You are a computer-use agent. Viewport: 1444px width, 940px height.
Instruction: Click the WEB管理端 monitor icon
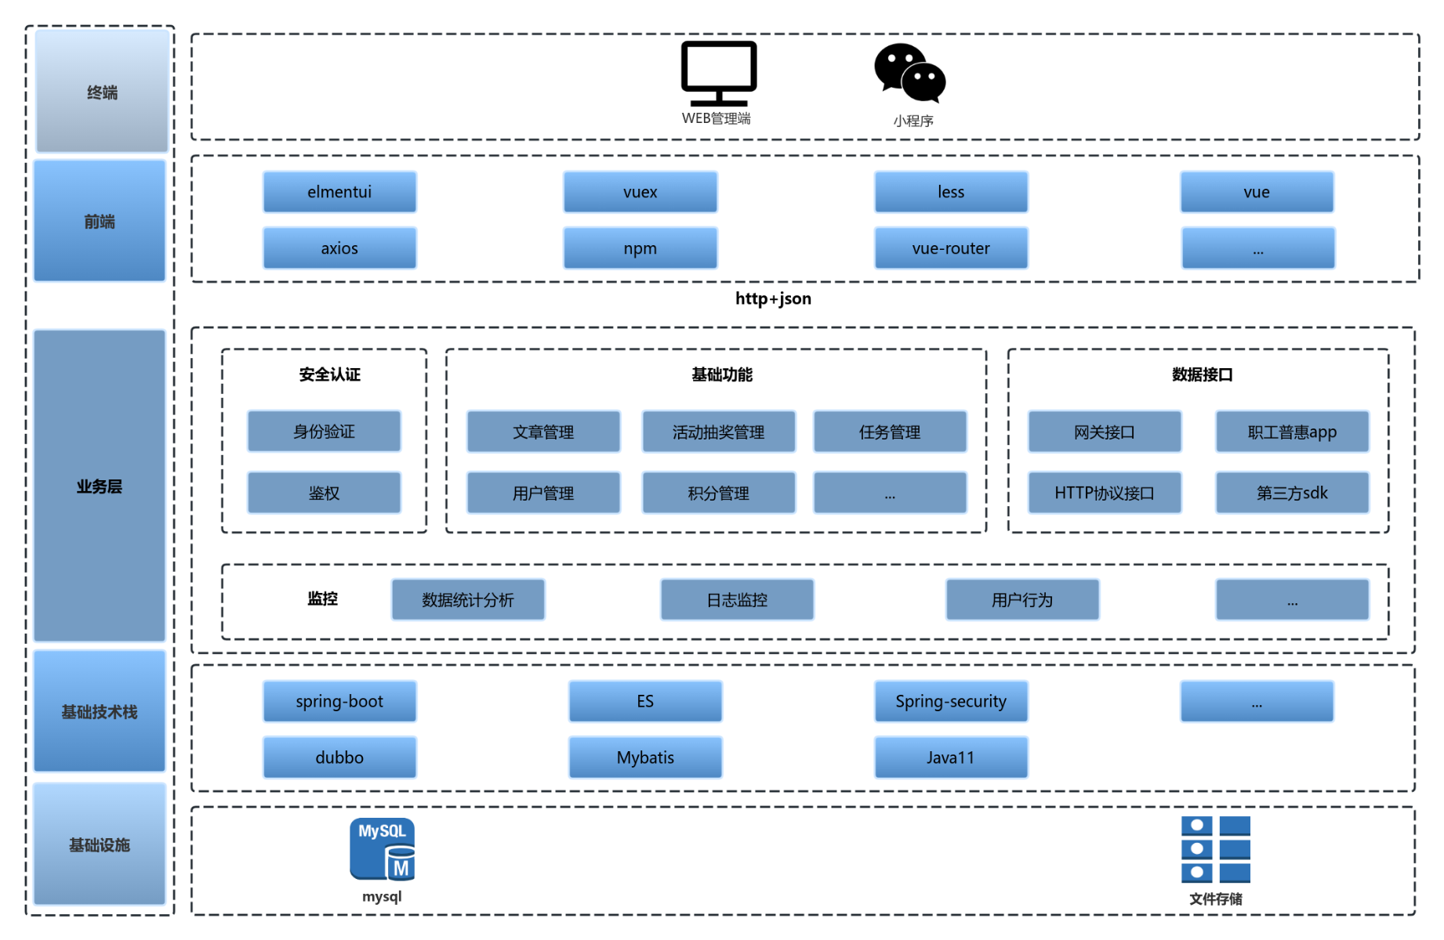click(x=718, y=73)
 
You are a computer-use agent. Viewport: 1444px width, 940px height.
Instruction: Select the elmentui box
click(x=339, y=192)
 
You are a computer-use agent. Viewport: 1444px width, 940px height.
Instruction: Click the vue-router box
click(x=951, y=248)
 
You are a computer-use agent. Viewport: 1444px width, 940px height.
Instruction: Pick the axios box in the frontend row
click(x=339, y=248)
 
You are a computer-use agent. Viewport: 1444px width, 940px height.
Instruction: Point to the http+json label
click(x=773, y=298)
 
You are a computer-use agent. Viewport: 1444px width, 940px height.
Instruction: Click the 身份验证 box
click(x=324, y=432)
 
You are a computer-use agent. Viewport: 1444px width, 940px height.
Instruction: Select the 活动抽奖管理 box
click(x=718, y=432)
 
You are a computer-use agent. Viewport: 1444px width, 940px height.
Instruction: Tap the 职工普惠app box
click(x=1292, y=432)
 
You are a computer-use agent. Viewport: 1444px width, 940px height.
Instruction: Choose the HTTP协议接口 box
click(x=1104, y=493)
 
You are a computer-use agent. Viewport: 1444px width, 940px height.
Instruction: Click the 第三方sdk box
click(x=1292, y=493)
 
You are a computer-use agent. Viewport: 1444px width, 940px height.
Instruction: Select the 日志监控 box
click(x=737, y=600)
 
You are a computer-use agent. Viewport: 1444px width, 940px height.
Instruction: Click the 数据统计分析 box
click(x=468, y=600)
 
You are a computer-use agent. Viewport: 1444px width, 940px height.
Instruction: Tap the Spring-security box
click(x=951, y=701)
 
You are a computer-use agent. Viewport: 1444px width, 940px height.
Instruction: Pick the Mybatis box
click(x=645, y=757)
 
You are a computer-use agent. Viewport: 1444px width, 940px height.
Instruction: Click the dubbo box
click(x=339, y=757)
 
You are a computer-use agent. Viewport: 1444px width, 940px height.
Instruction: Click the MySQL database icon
click(x=382, y=850)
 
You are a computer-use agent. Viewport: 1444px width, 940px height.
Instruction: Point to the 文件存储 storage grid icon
click(x=1215, y=849)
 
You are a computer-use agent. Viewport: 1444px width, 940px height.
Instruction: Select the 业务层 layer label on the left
click(x=100, y=486)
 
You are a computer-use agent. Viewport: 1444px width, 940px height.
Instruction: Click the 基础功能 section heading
click(x=721, y=374)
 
